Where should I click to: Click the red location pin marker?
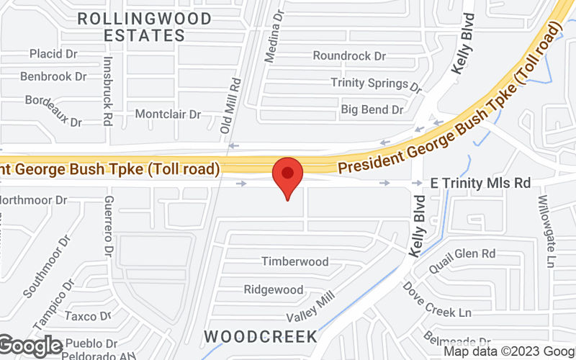288,177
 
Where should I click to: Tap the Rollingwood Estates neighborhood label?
144,26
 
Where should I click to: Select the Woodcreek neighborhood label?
261,336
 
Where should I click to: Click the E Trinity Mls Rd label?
481,183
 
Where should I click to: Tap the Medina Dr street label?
273,35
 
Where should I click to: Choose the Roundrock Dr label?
350,55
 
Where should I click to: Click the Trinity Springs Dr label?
376,84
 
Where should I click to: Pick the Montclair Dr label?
168,114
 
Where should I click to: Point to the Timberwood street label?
294,261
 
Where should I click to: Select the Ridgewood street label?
274,289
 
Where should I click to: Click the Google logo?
32,346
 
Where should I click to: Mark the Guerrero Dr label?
109,227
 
